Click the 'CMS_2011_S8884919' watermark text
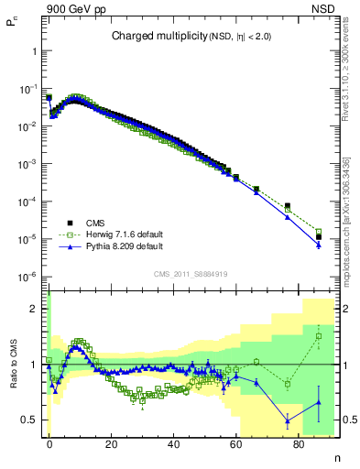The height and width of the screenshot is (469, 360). pos(191,273)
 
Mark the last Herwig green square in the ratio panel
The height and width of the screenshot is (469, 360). pos(319,335)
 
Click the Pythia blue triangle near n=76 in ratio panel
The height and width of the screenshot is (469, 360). pos(288,420)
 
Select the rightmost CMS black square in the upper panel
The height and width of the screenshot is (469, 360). pos(319,237)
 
